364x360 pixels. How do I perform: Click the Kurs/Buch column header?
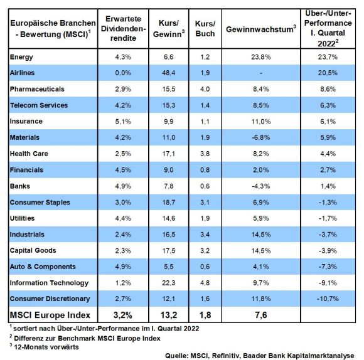tap(205, 28)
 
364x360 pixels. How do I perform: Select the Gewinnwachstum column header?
tap(261, 29)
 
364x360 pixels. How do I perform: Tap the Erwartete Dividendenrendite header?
tap(123, 28)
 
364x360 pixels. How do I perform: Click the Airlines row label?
tap(22, 73)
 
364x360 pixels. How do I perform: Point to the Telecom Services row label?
tap(39, 105)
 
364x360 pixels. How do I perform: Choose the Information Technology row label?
tap(49, 283)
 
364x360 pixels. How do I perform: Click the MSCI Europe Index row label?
tap(50, 315)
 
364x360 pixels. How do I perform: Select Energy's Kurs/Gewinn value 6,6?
tap(169, 57)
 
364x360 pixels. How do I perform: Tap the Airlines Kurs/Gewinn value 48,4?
tap(169, 73)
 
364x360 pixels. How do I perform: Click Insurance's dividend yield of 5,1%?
tap(123, 121)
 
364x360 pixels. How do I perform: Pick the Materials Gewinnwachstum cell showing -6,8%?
tap(261, 137)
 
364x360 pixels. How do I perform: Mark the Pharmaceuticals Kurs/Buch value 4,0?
tap(205, 89)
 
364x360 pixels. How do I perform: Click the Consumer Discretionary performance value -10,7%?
tap(328, 299)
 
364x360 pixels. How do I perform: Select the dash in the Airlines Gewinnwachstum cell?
tap(261, 73)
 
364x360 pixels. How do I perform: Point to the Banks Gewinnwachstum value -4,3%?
tap(261, 186)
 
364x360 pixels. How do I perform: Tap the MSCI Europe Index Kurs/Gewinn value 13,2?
tap(169, 315)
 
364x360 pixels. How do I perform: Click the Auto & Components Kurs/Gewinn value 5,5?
tap(169, 267)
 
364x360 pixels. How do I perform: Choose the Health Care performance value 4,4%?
tap(328, 154)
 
